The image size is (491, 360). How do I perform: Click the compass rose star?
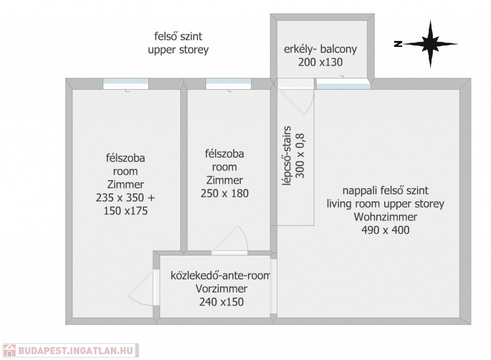pyautogui.click(x=430, y=44)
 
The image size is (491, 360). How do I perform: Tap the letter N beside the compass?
pyautogui.click(x=397, y=44)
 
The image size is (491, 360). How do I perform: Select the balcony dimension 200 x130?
pyautogui.click(x=320, y=61)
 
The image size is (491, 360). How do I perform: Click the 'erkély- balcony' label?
pyautogui.click(x=320, y=49)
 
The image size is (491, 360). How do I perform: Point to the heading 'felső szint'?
pyautogui.click(x=178, y=36)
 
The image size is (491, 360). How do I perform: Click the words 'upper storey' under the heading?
pyautogui.click(x=178, y=49)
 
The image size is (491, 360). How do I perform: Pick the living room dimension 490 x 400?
pyautogui.click(x=386, y=230)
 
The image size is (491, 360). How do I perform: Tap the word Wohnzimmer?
pyautogui.click(x=386, y=217)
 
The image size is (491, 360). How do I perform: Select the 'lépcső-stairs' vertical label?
pyautogui.click(x=287, y=156)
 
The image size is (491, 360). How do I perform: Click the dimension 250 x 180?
pyautogui.click(x=224, y=194)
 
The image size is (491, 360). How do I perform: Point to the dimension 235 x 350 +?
pyautogui.click(x=126, y=197)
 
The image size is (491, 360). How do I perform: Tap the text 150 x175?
pyautogui.click(x=126, y=211)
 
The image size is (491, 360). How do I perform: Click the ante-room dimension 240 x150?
pyautogui.click(x=221, y=302)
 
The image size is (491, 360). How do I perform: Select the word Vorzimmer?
pyautogui.click(x=221, y=289)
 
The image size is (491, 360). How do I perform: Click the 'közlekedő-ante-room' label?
pyautogui.click(x=221, y=276)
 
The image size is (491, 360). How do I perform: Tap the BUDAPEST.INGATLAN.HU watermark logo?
pyautogui.click(x=70, y=350)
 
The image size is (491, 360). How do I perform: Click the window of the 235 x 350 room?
pyautogui.click(x=126, y=83)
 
